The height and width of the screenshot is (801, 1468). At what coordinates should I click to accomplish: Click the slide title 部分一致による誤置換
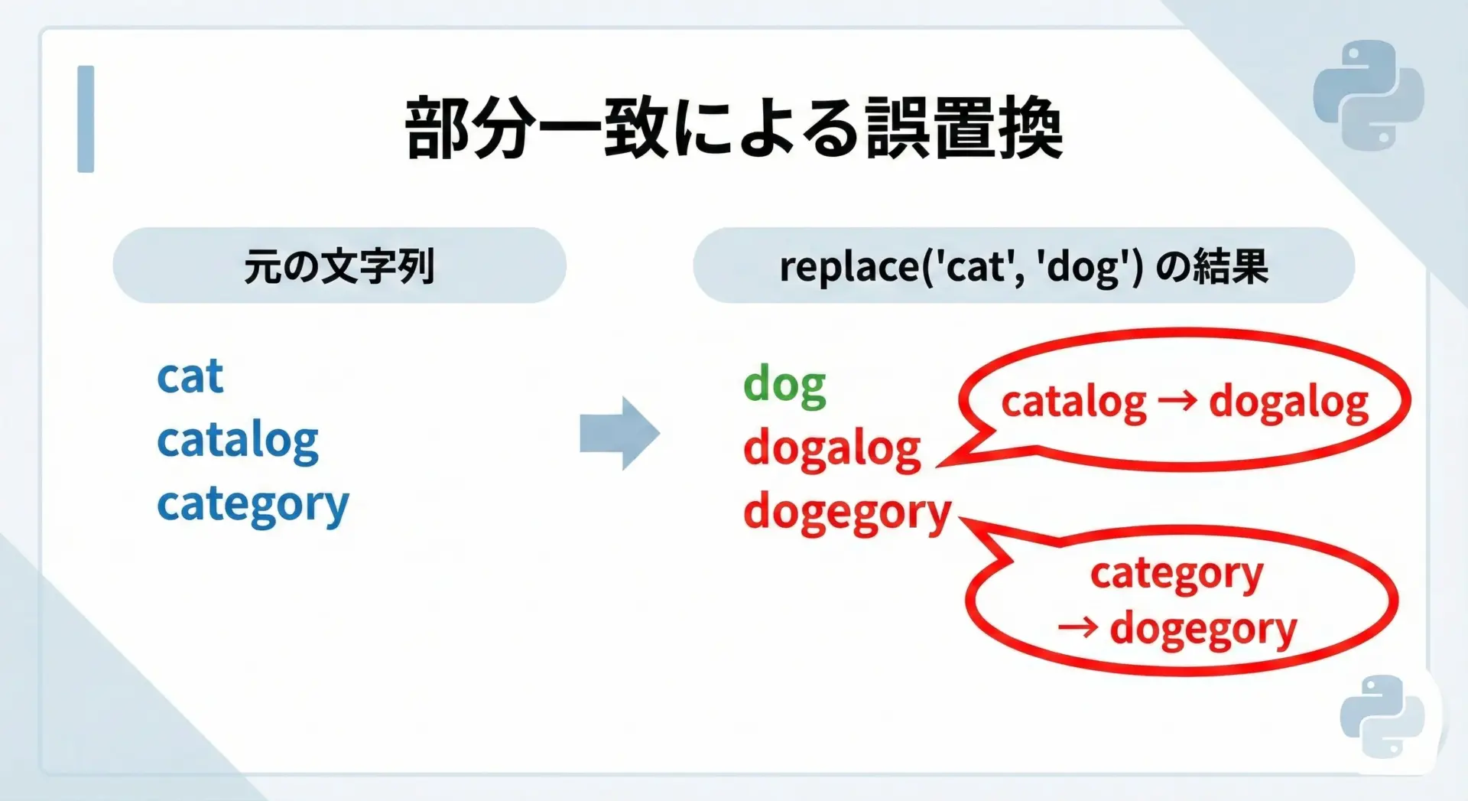[x=734, y=129]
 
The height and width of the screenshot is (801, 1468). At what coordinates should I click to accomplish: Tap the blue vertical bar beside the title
[x=86, y=119]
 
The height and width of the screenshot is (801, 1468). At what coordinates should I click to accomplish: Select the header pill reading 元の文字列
[x=339, y=265]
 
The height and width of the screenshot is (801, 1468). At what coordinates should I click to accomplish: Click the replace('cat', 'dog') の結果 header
[x=1024, y=265]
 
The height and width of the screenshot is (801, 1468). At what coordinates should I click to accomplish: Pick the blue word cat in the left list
[x=190, y=376]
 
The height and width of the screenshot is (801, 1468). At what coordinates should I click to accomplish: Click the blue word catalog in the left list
[x=238, y=441]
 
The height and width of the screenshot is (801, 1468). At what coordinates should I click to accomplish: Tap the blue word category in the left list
[x=253, y=505]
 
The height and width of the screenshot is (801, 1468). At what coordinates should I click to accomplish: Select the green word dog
[x=785, y=385]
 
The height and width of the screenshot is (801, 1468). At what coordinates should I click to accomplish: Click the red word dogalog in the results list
[x=833, y=448]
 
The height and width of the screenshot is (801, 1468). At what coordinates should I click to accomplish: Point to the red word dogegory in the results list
[x=847, y=513]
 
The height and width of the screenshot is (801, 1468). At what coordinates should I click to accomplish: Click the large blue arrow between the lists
[x=620, y=433]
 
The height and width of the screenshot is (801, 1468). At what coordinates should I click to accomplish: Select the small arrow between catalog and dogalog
[x=1177, y=401]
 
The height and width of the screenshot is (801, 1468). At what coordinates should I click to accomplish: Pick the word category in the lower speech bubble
[x=1177, y=574]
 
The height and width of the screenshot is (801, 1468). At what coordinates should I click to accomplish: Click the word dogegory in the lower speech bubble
[x=1203, y=630]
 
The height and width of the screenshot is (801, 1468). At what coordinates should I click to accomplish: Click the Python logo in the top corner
[x=1369, y=95]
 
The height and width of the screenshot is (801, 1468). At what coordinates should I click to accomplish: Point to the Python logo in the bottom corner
[x=1382, y=716]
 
